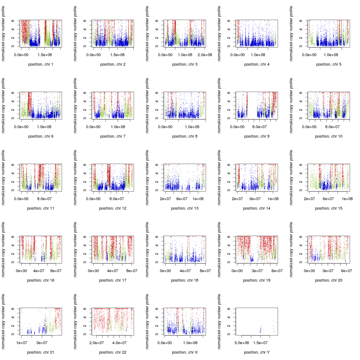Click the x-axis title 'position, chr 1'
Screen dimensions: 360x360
pyautogui.click(x=41, y=64)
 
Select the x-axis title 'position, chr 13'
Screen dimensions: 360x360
pyautogui.click(x=185, y=208)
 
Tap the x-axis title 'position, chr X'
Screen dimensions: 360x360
pyautogui.click(x=185, y=352)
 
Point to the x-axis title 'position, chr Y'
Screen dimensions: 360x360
pyautogui.click(x=257, y=352)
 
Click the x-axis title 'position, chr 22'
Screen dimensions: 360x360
pyautogui.click(x=113, y=352)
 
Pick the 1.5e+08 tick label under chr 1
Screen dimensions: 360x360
pyautogui.click(x=45, y=55)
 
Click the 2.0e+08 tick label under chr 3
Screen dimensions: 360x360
pyautogui.click(x=205, y=55)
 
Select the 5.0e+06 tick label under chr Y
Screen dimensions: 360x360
pyautogui.click(x=242, y=343)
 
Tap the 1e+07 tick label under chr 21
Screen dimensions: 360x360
pyautogui.click(x=22, y=343)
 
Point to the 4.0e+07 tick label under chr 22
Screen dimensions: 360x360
pyautogui.click(x=119, y=343)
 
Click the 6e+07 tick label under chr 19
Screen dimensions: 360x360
pyautogui.click(x=277, y=271)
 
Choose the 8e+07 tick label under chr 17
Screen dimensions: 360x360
pyautogui.click(x=131, y=271)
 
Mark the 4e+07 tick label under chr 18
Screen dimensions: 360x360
pyautogui.click(x=185, y=271)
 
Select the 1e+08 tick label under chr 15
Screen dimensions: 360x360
pyautogui.click(x=347, y=199)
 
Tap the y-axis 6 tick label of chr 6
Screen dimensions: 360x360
pyautogui.click(x=12, y=93)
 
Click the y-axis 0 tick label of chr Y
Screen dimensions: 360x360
pyautogui.click(x=228, y=334)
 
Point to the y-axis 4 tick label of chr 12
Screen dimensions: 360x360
pyautogui.click(x=84, y=173)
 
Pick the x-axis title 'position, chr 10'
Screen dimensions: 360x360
pyautogui.click(x=329, y=136)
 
